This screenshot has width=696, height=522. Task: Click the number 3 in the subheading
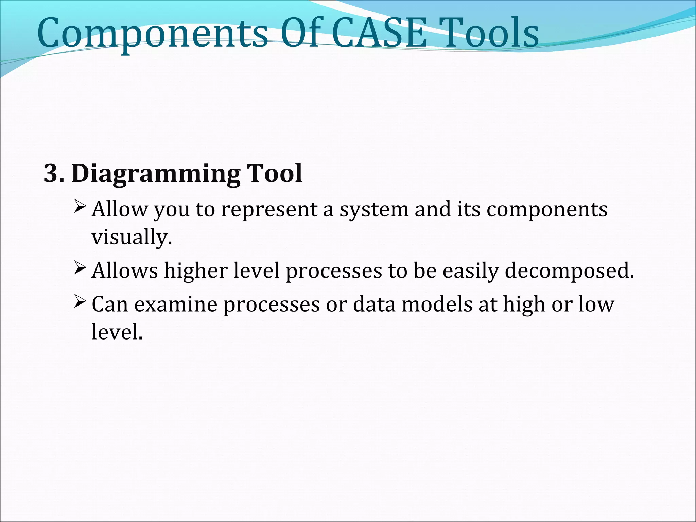tap(51, 174)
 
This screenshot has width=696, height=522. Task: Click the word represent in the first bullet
tap(269, 210)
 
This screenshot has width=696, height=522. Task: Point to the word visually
tap(132, 238)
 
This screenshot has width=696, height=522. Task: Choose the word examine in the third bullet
tap(176, 304)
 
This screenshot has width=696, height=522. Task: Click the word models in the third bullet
tap(437, 304)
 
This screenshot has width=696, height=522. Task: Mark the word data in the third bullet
tap(374, 304)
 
